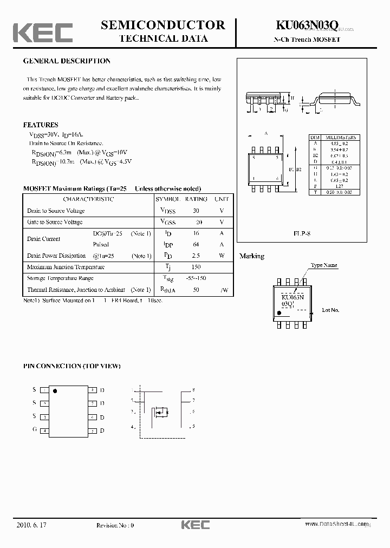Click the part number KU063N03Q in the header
tap(307, 25)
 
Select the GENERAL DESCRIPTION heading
tap(67, 61)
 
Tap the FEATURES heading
tap(41, 125)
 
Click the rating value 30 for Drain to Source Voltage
tap(196, 211)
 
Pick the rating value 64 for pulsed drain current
tap(196, 244)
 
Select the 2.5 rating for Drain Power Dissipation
tap(196, 256)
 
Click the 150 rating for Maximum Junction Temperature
tap(196, 267)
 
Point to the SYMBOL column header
tap(168, 199)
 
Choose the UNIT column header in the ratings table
tap(222, 199)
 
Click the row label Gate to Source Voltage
tap(56, 222)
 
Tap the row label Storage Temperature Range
tap(60, 278)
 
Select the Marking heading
tap(252, 256)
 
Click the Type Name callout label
tap(324, 265)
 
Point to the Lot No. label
tap(330, 310)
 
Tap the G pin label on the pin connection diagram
tap(34, 429)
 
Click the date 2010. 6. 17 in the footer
tap(31, 525)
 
